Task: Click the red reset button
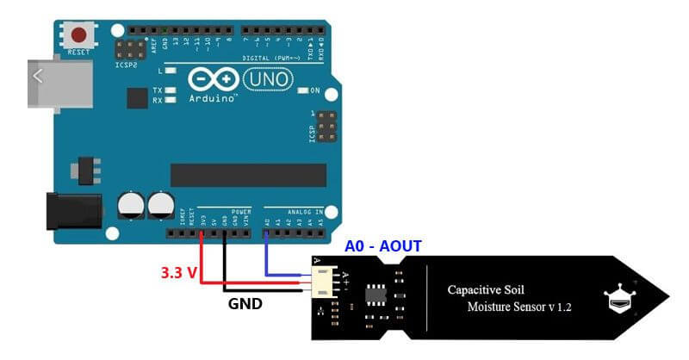(x=80, y=35)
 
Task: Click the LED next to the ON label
(x=301, y=90)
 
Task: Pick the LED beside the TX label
(x=171, y=90)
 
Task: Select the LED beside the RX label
(x=171, y=100)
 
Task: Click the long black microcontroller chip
(x=248, y=175)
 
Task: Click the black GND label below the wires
(x=245, y=304)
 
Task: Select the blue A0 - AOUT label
(x=383, y=246)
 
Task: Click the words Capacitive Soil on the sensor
(x=486, y=289)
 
